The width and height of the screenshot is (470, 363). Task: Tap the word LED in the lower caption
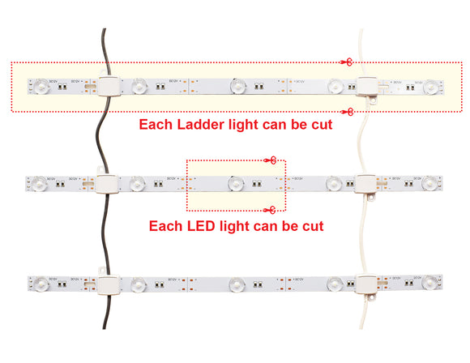[200, 226]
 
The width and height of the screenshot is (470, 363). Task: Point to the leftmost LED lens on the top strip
[38, 85]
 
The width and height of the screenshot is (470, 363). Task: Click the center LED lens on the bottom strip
[236, 284]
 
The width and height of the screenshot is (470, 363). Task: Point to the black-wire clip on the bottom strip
[105, 284]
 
